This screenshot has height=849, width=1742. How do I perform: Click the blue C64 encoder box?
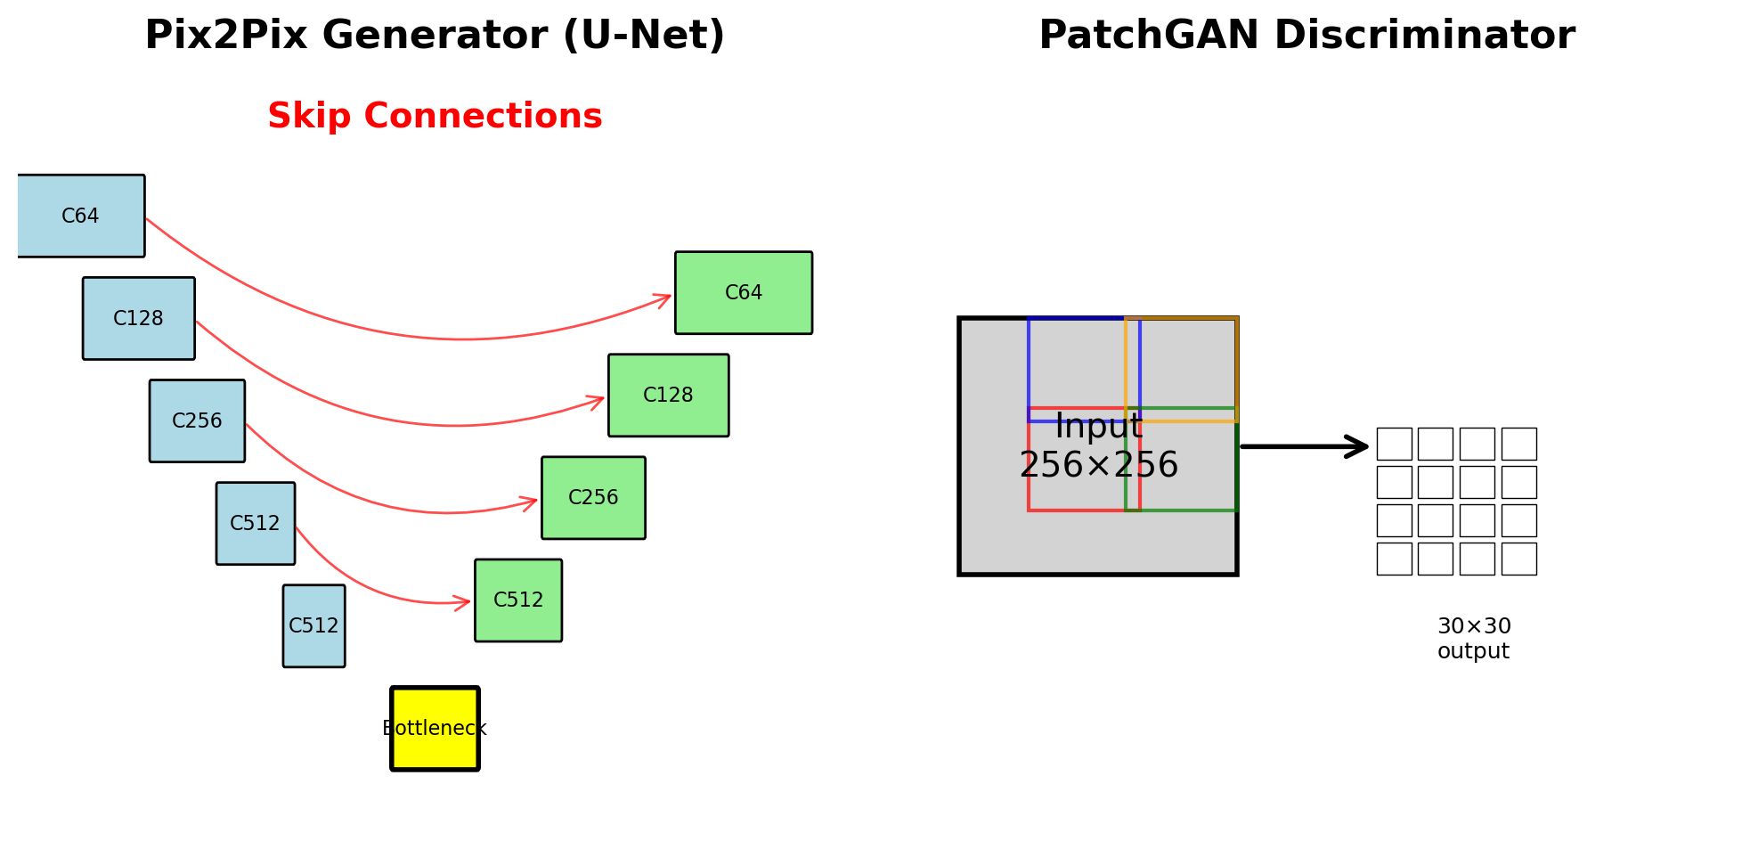80,216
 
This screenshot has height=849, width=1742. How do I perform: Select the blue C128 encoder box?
138,318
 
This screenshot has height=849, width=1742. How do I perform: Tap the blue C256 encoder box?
197,420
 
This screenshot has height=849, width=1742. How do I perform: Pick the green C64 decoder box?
743,292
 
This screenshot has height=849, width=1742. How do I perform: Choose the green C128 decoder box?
668,395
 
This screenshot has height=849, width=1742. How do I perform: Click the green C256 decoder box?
593,497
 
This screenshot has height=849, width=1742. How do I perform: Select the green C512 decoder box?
517,600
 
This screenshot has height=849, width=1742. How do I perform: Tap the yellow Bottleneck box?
435,728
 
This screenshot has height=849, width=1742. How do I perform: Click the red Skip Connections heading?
435,117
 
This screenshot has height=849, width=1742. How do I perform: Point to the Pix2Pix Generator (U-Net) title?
435,36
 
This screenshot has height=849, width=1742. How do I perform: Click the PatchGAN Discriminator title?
1306,36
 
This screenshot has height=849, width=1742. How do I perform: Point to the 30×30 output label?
1473,639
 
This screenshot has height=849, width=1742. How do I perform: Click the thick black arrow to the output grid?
1305,446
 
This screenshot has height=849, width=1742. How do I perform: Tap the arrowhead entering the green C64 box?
664,298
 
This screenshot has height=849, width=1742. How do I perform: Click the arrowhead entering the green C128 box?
598,400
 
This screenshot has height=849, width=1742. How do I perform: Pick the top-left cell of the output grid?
1394,444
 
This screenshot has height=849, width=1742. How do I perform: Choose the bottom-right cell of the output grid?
1518,559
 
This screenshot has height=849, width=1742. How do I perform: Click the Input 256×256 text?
1098,446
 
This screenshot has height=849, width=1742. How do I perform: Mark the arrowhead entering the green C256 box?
531,502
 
